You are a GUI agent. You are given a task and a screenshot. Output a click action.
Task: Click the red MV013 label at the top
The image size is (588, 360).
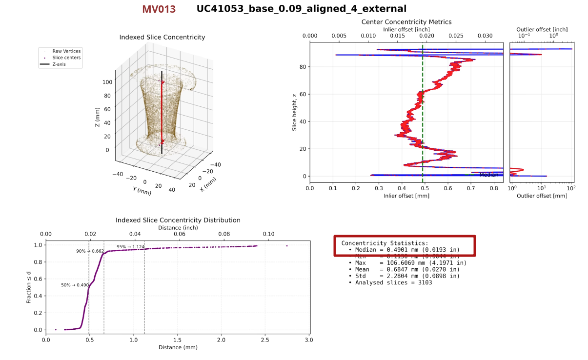pyautogui.click(x=159, y=9)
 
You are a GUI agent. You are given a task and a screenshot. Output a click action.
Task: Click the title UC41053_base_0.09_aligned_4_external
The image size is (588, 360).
pyautogui.click(x=301, y=9)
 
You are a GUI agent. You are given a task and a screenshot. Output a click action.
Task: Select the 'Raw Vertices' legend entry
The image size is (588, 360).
pyautogui.click(x=66, y=51)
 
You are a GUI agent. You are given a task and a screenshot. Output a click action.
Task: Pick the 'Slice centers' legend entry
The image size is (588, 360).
pyautogui.click(x=66, y=58)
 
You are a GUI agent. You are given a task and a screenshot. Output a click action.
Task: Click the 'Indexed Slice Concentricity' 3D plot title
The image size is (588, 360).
pyautogui.click(x=162, y=38)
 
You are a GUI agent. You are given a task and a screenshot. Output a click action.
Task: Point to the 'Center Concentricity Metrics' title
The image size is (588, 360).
pyautogui.click(x=406, y=22)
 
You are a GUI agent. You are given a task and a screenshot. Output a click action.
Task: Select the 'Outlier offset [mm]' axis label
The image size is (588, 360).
pyautogui.click(x=542, y=196)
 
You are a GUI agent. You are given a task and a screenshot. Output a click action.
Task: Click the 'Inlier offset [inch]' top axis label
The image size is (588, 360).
pyautogui.click(x=406, y=30)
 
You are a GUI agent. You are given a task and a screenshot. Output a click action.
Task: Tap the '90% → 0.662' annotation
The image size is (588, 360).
pyautogui.click(x=90, y=251)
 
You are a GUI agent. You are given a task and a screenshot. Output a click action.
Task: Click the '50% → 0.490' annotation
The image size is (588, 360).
pyautogui.click(x=75, y=285)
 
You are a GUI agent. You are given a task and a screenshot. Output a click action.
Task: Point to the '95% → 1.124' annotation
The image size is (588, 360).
pyautogui.click(x=130, y=247)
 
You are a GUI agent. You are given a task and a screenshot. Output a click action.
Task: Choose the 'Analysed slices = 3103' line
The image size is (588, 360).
pyautogui.click(x=393, y=282)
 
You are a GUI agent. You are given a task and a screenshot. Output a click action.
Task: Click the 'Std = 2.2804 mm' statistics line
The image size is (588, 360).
pyautogui.click(x=407, y=276)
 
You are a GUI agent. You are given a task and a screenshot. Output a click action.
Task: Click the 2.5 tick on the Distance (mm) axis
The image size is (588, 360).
pyautogui.click(x=264, y=340)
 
